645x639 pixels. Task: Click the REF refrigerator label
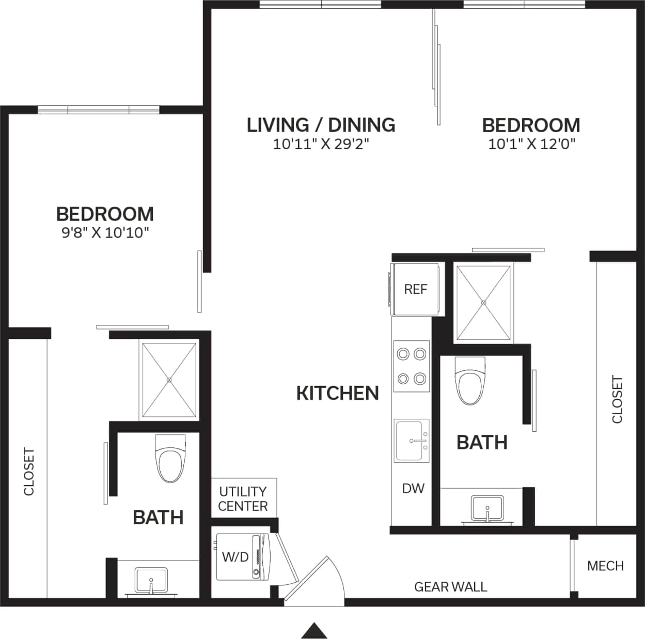point(415,289)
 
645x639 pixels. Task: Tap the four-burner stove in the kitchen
point(412,366)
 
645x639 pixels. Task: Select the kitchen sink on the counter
point(412,441)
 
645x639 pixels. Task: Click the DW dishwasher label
point(413,488)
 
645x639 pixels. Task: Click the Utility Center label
point(243,498)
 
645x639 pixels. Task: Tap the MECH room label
point(605,566)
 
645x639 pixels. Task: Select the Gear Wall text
point(450,587)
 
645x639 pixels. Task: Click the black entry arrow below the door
point(314,631)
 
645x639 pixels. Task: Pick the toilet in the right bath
point(470,381)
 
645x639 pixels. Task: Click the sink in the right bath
point(487,508)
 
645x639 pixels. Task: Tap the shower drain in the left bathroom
point(169,380)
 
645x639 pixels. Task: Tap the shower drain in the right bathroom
point(483,303)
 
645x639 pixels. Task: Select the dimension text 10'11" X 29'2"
point(321,144)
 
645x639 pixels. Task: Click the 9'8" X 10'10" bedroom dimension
point(105,232)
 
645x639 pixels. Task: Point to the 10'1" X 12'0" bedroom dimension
point(531,144)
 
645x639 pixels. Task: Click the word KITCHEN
point(337,394)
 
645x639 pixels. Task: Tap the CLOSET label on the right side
point(617,399)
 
